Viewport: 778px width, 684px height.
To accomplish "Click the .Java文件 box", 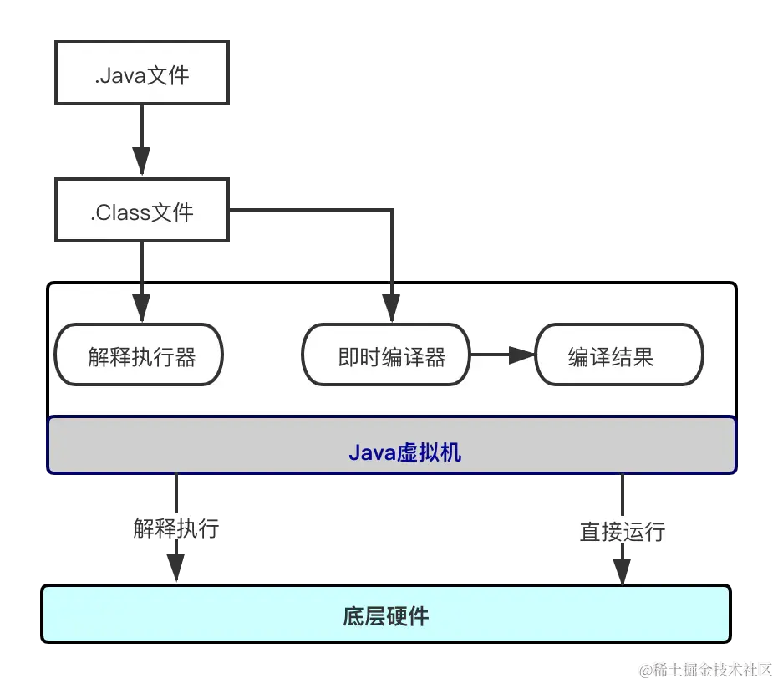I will pyautogui.click(x=142, y=75).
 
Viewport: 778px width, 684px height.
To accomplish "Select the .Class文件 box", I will pyautogui.click(x=142, y=212).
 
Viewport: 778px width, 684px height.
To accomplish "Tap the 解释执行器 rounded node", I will pyautogui.click(x=139, y=356).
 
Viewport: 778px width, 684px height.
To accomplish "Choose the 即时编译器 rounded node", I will pyautogui.click(x=386, y=356).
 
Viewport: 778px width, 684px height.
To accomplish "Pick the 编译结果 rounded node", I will pyautogui.click(x=618, y=356).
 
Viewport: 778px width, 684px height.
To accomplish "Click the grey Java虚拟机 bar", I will pyautogui.click(x=391, y=446).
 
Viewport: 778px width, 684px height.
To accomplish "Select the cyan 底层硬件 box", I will pyautogui.click(x=386, y=616).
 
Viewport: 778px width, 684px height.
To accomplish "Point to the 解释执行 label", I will pyautogui.click(x=176, y=528).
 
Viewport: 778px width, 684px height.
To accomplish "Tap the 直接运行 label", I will pyautogui.click(x=623, y=532).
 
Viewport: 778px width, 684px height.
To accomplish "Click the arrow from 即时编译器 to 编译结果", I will pyautogui.click(x=501, y=355).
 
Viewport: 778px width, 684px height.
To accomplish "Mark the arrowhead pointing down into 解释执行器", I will pyautogui.click(x=141, y=307).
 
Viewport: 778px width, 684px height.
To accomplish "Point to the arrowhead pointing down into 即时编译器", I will pyautogui.click(x=389, y=307).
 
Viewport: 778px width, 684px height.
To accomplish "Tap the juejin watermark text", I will pyautogui.click(x=706, y=669).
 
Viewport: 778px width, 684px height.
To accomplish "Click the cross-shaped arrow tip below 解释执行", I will pyautogui.click(x=175, y=559).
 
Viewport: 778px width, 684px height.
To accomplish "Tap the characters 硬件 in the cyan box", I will pyautogui.click(x=407, y=616).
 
